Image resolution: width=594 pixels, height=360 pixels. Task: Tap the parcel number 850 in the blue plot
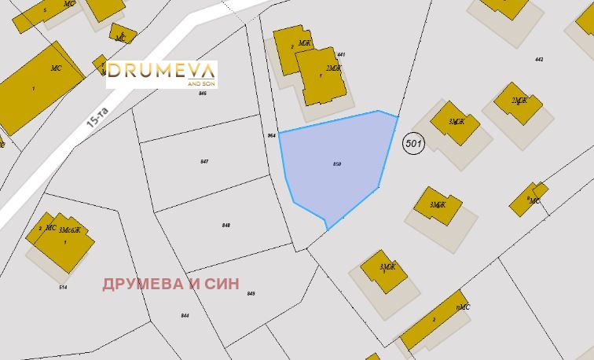click(337, 163)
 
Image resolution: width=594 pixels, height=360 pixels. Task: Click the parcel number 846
click(202, 94)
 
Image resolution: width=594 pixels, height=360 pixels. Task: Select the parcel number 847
click(204, 161)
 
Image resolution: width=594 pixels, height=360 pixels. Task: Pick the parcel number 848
click(226, 225)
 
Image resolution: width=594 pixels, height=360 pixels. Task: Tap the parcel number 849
click(251, 293)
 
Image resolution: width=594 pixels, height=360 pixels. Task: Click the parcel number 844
click(185, 315)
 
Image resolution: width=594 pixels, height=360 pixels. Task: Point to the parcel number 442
click(538, 60)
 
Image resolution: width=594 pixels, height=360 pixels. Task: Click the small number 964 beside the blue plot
click(271, 135)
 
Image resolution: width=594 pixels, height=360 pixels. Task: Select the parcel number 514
click(63, 287)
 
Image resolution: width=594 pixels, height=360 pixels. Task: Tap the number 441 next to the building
click(341, 54)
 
